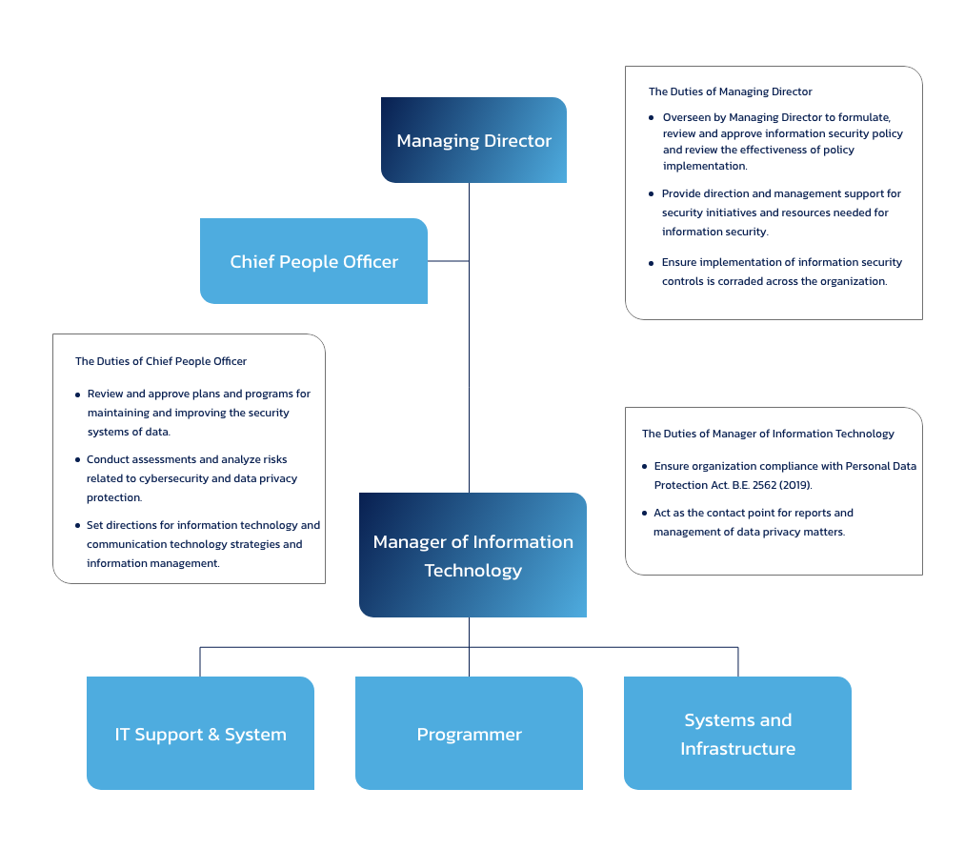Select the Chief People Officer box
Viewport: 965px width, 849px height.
[313, 261]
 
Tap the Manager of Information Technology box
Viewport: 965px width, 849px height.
[472, 556]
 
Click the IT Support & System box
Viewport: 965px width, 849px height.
[201, 735]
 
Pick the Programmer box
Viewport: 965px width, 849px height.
[469, 735]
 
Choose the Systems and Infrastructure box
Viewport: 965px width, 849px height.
[738, 735]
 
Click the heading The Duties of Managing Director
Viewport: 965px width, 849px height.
[730, 92]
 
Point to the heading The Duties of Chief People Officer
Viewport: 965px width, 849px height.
[161, 361]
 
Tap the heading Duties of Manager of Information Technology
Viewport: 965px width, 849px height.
[768, 434]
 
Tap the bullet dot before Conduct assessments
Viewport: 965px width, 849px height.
[77, 459]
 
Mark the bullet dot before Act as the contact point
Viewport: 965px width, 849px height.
[644, 514]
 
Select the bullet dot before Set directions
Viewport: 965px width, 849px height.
[77, 525]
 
